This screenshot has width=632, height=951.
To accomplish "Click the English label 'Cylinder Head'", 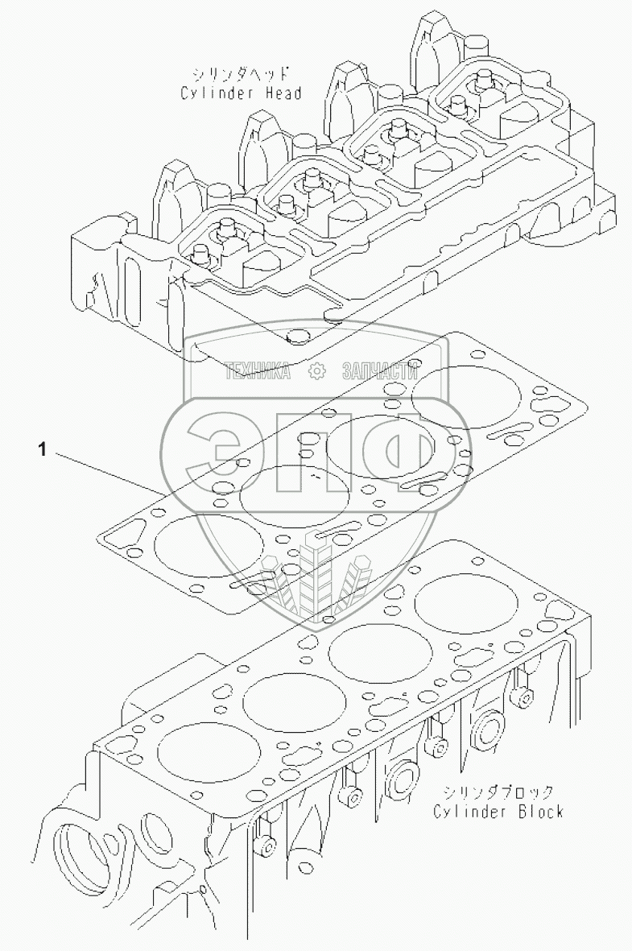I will pos(242,93).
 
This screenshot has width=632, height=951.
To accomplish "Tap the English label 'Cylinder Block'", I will pos(498,811).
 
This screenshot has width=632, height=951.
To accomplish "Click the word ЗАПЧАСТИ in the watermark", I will pos(380,370).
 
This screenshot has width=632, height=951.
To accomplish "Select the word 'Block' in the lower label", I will pos(536,811).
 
